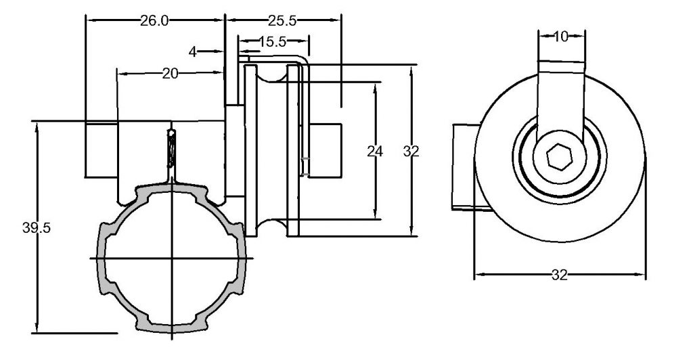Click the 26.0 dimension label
coord(154,21)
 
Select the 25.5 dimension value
coord(283,21)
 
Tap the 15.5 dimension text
coord(271,42)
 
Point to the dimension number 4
coord(193,52)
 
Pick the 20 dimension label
coord(170,74)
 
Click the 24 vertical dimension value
coord(374,152)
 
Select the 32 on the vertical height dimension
coord(411,152)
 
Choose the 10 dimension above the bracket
coord(560,37)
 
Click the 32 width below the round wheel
coord(559,275)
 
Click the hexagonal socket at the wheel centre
coord(559,159)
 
